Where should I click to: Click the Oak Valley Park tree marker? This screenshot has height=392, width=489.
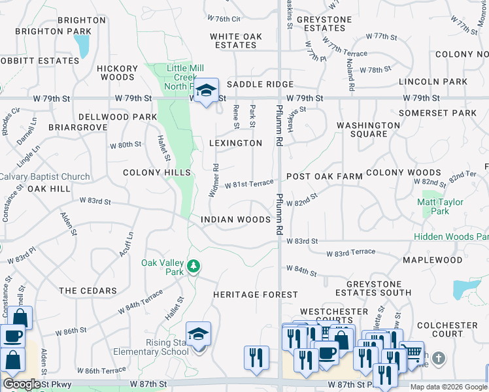pos(193,267)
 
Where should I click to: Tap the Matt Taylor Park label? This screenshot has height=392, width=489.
pos(441,206)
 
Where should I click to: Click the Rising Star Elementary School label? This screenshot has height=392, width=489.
pos(158,347)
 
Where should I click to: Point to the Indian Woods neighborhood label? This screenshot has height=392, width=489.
pos(235,220)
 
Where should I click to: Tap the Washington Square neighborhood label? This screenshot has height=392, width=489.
pos(368,129)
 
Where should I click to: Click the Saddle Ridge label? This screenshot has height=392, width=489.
pos(260,84)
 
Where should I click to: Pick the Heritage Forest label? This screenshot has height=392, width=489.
pos(256,295)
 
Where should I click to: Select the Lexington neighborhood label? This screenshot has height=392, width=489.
pos(235,142)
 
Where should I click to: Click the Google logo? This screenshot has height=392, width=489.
pos(22,384)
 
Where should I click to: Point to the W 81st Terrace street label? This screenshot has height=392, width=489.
pos(249,185)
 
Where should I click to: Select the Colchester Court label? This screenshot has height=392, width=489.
pos(448,329)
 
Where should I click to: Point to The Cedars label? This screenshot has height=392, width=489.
pos(88,290)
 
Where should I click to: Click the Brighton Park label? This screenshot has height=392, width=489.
pos(53,31)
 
